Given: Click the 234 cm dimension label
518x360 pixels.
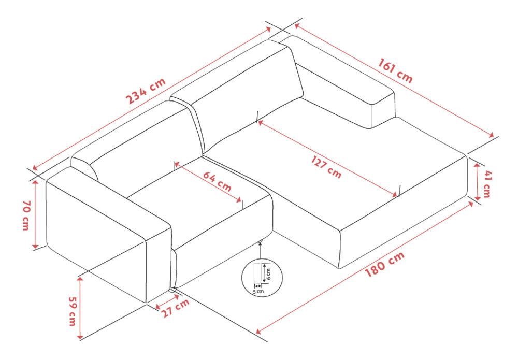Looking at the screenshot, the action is (x=146, y=91).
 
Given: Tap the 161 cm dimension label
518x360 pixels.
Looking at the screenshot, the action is (x=395, y=70).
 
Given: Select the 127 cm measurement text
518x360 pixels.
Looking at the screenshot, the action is (x=326, y=167).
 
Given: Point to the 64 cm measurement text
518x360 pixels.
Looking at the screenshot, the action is (x=217, y=182).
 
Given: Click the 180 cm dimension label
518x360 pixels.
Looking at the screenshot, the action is (x=384, y=265).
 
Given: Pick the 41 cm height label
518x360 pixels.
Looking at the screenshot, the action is (x=487, y=184).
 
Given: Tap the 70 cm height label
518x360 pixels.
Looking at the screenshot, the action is (x=26, y=215).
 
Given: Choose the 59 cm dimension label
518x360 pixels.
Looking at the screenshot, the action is (x=73, y=311).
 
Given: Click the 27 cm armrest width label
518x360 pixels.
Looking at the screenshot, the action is (x=176, y=308).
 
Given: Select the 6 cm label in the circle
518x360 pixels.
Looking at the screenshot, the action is (x=268, y=274).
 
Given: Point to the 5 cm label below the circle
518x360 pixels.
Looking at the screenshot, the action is (x=258, y=291).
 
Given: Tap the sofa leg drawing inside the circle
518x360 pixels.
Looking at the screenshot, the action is (x=257, y=273).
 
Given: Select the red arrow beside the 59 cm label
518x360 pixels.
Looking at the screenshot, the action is (x=80, y=308).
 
